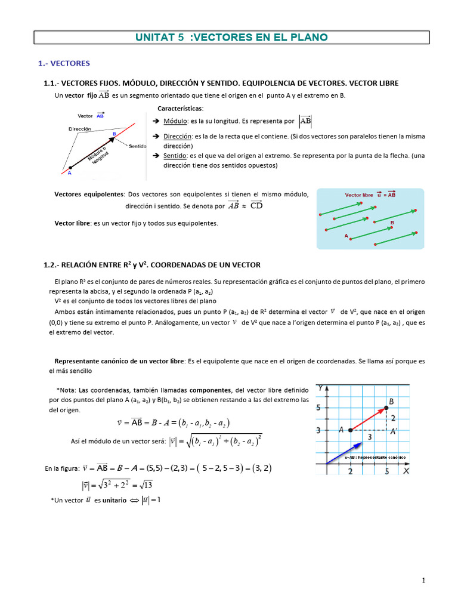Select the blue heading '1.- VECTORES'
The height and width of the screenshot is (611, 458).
63,63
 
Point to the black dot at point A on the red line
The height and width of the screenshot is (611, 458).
70,168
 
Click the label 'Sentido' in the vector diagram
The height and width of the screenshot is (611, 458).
137,146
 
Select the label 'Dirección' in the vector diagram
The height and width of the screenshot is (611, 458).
79,129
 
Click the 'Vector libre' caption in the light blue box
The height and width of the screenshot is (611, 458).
359,195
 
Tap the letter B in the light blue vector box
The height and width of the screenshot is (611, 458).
392,223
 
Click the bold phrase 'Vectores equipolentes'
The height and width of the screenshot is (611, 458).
89,195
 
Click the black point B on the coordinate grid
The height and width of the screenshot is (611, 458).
387,408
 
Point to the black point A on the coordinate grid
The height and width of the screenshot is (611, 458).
350,430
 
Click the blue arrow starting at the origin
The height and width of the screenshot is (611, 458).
343,452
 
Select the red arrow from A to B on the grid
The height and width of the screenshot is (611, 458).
369,418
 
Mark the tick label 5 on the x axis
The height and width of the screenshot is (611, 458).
387,471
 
